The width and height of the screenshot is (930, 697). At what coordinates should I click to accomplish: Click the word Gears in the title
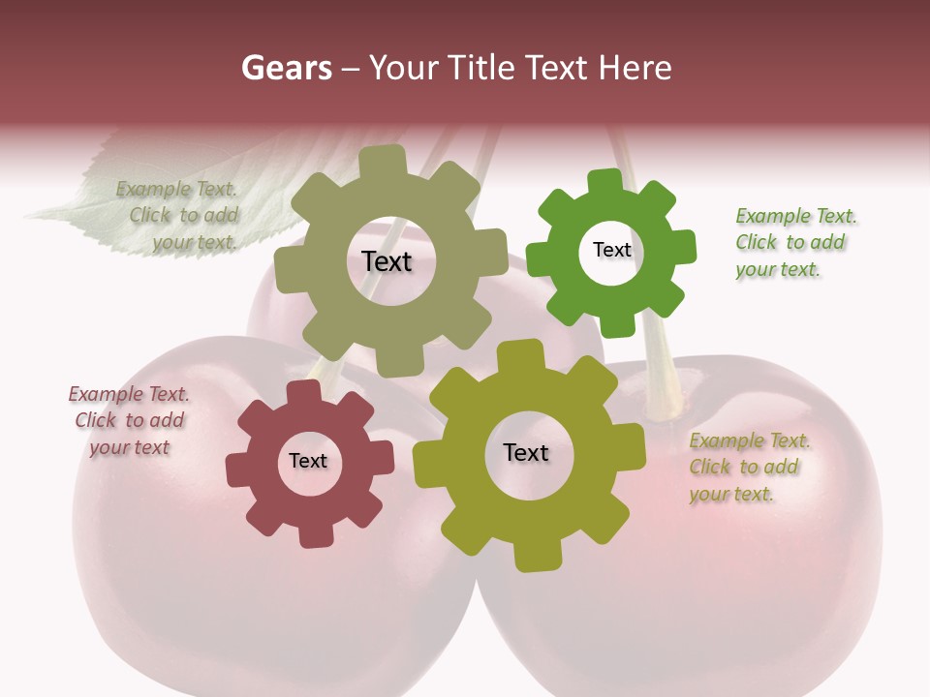pos(286,68)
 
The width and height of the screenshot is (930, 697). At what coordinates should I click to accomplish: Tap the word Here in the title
pos(635,68)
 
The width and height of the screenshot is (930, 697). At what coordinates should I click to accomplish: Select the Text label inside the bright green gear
pos(611,251)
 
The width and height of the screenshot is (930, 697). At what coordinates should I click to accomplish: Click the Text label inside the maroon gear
pos(308,462)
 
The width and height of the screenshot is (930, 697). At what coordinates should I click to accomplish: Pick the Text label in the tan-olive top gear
pos(387,261)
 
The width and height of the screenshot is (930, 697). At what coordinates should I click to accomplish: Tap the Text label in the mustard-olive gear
pos(526,453)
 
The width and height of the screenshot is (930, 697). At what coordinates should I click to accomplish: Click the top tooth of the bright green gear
pos(604,181)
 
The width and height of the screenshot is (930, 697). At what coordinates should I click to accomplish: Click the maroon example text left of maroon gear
pos(129,420)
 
